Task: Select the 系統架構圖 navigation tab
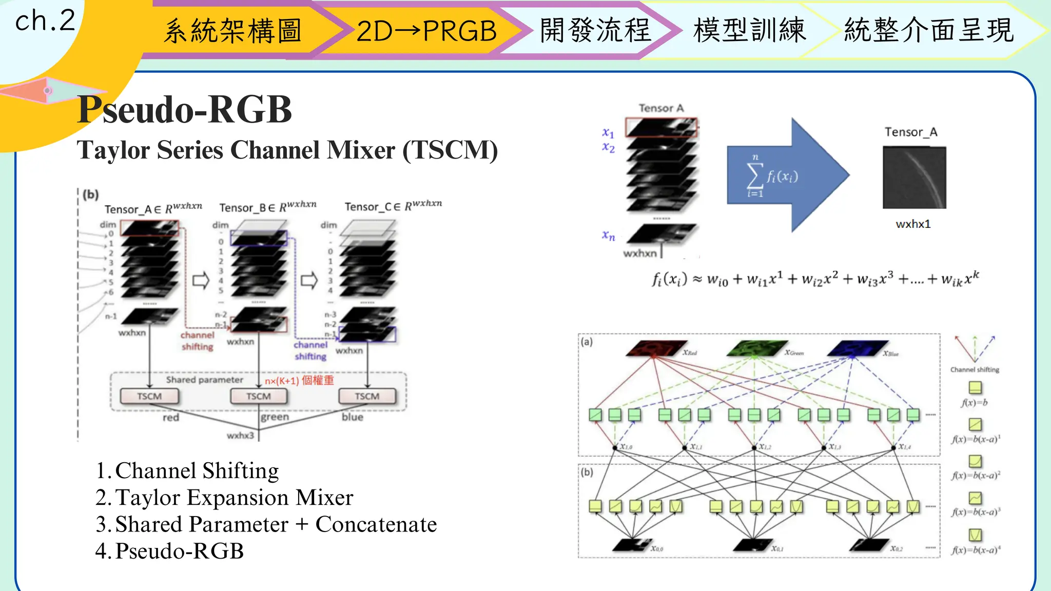pyautogui.click(x=232, y=31)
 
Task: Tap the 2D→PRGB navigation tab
pyautogui.click(x=426, y=31)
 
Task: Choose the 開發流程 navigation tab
pyautogui.click(x=595, y=30)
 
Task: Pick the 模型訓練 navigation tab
pyautogui.click(x=749, y=30)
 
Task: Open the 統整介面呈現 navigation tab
pyautogui.click(x=929, y=30)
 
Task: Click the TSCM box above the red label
pyautogui.click(x=149, y=396)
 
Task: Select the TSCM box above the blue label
pyautogui.click(x=367, y=396)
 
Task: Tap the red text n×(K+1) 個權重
pyautogui.click(x=299, y=381)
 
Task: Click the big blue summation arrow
pyautogui.click(x=787, y=175)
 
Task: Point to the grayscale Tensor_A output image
pyautogui.click(x=914, y=178)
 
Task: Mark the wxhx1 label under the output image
pyautogui.click(x=913, y=224)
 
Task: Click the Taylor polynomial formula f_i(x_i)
pyautogui.click(x=815, y=279)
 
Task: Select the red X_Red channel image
pyautogui.click(x=655, y=348)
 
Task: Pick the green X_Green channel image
pyautogui.click(x=755, y=348)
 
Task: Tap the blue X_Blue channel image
pyautogui.click(x=856, y=348)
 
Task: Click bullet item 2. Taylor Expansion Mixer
pyautogui.click(x=224, y=498)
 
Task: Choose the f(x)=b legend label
pyautogui.click(x=974, y=403)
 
